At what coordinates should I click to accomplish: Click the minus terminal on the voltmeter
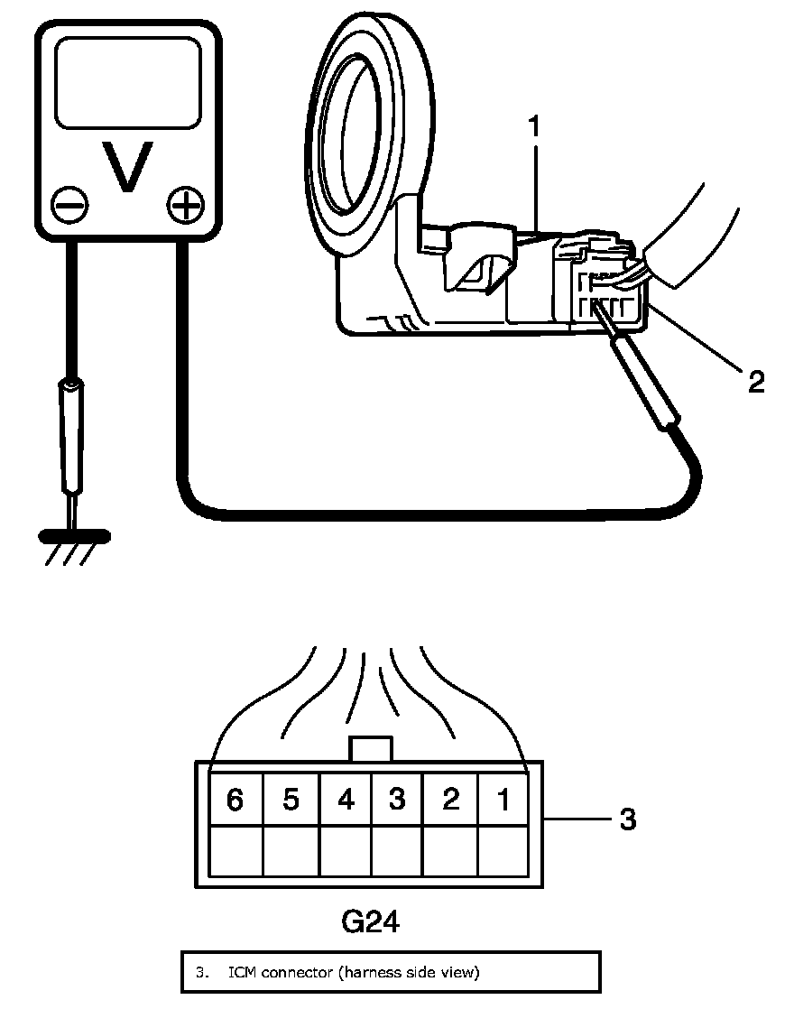(x=69, y=205)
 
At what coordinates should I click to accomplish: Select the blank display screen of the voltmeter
(x=127, y=82)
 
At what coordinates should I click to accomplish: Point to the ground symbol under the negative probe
(x=75, y=538)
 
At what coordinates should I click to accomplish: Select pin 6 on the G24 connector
(x=235, y=800)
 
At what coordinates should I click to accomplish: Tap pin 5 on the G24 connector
(x=291, y=800)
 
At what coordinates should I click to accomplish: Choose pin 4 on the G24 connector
(x=346, y=800)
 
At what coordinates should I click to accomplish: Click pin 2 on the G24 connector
(x=450, y=800)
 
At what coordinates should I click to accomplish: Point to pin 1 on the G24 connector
(x=503, y=800)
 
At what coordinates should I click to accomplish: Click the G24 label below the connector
(x=370, y=922)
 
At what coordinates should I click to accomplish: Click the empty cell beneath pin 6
(x=235, y=850)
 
